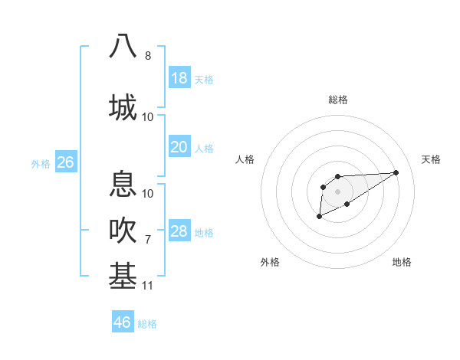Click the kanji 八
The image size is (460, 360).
[123, 46]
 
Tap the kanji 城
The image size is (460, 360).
[123, 106]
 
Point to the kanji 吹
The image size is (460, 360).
[123, 230]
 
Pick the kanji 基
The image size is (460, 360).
[123, 275]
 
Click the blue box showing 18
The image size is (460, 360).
[179, 78]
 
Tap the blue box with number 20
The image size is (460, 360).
[179, 147]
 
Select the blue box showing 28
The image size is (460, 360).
[179, 231]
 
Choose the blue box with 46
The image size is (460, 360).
[123, 322]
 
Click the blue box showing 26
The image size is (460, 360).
[65, 162]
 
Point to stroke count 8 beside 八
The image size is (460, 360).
[148, 56]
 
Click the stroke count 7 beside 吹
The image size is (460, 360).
[148, 240]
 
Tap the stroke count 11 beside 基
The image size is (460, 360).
[148, 286]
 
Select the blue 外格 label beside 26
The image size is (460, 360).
[41, 163]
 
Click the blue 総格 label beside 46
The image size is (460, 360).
[147, 323]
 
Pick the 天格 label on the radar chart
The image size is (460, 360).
[431, 159]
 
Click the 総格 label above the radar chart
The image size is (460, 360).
[337, 100]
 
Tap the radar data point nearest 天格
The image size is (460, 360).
[396, 172]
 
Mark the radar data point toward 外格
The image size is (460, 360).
[319, 217]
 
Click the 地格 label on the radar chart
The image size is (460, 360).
[402, 262]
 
